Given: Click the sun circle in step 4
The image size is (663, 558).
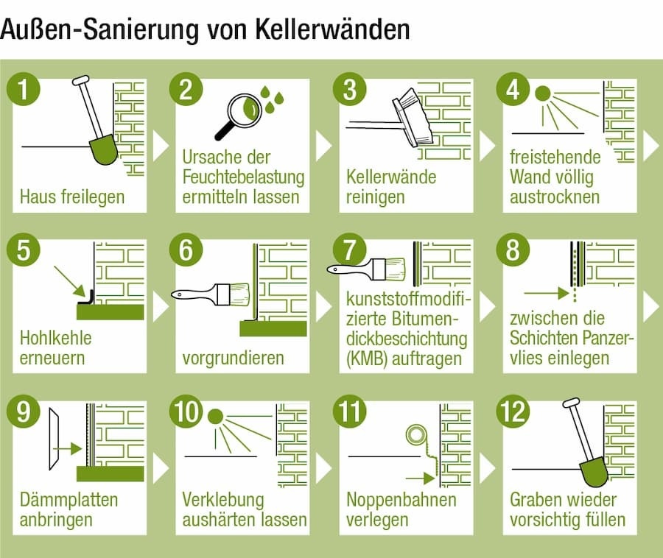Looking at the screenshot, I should [543, 93].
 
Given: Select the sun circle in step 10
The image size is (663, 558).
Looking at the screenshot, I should [216, 416].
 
